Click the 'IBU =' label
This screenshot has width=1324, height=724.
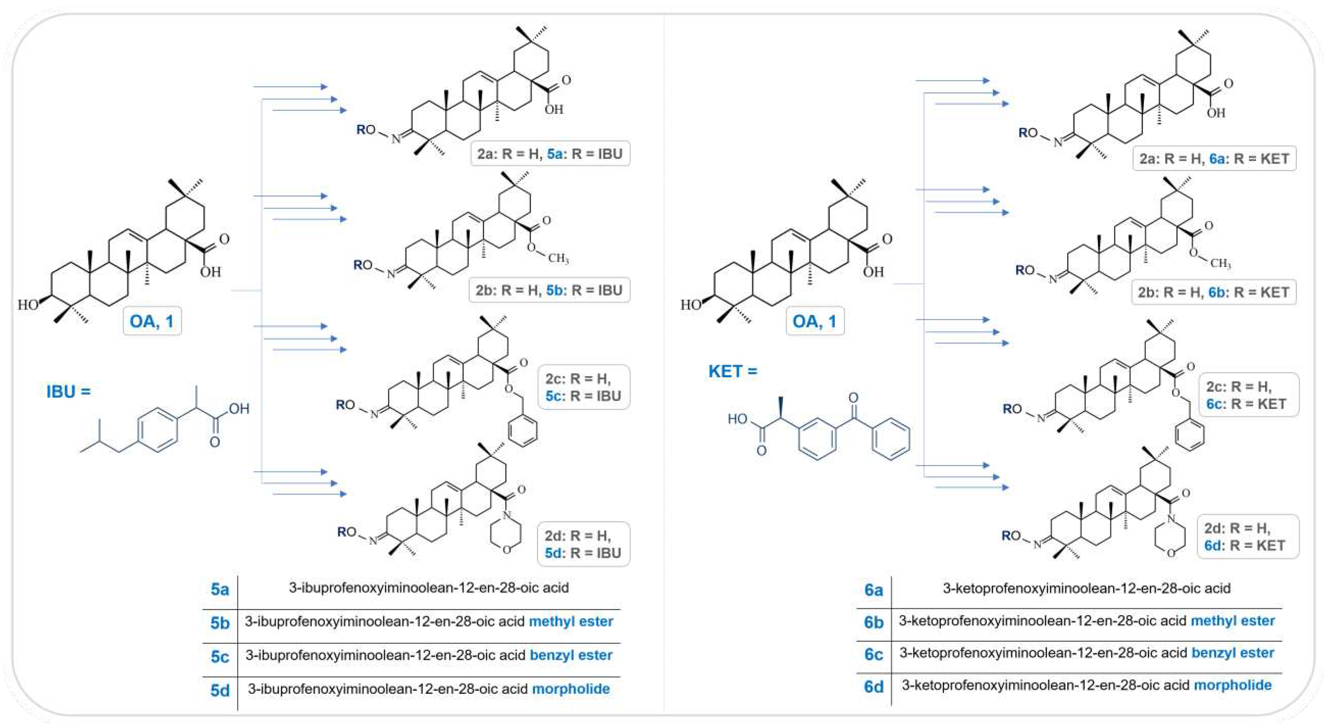point(68,392)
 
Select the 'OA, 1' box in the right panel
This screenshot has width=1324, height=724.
point(815,322)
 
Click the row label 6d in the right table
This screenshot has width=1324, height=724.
point(873,687)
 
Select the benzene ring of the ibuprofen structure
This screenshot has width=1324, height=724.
point(158,430)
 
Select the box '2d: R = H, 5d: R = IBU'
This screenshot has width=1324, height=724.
point(583,544)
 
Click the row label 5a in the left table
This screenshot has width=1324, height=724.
point(220,589)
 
